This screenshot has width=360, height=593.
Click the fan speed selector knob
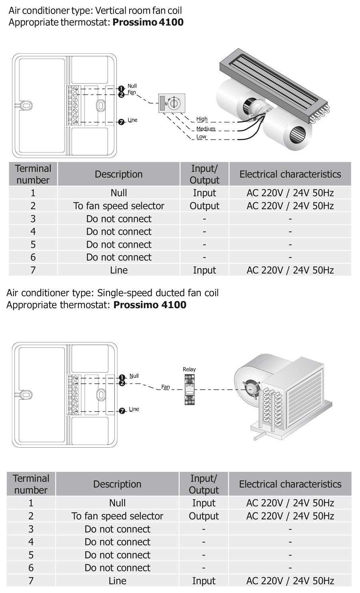173,104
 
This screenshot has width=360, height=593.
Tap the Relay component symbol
190,389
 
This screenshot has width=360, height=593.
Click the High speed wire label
202,119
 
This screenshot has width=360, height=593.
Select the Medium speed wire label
206,129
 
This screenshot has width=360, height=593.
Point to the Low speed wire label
201,136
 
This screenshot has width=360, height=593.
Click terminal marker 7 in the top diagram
122,122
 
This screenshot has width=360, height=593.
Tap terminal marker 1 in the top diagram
122,89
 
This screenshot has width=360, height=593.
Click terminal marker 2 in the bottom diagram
122,383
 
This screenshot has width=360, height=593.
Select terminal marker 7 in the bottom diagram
122,411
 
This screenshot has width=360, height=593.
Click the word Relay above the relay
189,369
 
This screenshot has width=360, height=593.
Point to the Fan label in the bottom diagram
166,387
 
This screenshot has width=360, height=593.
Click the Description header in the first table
118,174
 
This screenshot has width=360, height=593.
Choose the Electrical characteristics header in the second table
290,484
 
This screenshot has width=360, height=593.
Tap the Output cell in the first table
204,206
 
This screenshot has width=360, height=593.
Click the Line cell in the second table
117,581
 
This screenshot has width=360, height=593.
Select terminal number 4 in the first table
33,231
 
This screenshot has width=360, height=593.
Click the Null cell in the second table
117,503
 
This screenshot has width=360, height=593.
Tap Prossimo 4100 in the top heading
148,22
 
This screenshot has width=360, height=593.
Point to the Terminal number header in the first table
33,174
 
